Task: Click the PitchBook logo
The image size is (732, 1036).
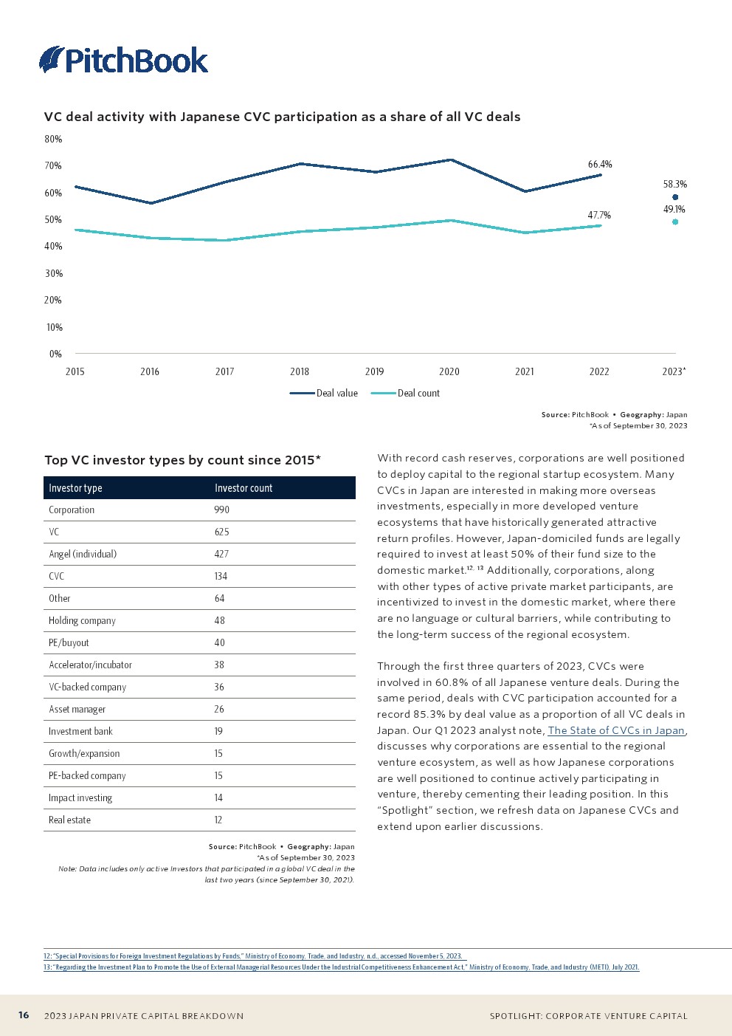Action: [123, 60]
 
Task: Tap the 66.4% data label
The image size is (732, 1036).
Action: [600, 165]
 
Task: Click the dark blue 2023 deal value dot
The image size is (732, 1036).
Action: [675, 197]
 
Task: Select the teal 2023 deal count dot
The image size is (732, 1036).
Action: [675, 222]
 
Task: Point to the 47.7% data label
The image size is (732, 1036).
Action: [599, 216]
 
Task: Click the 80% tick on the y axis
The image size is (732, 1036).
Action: [53, 139]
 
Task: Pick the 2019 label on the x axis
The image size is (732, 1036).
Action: [374, 371]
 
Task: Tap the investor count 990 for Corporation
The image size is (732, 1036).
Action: [221, 510]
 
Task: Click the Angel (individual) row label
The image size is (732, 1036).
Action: [83, 555]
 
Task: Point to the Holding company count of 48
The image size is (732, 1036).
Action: [219, 621]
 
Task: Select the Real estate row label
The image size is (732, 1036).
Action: [69, 820]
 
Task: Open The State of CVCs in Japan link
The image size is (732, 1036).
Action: [616, 730]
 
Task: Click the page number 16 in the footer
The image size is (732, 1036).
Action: [24, 1015]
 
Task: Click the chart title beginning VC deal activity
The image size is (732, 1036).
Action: [282, 117]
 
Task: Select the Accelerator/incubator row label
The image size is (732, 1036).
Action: [90, 665]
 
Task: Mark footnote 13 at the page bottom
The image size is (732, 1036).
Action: [341, 967]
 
